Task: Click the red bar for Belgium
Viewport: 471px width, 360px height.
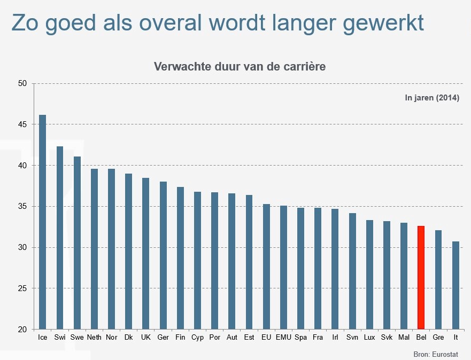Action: pyautogui.click(x=421, y=277)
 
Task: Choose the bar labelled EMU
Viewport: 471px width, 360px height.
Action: pyautogui.click(x=283, y=267)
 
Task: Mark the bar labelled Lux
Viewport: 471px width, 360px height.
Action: pyautogui.click(x=369, y=275)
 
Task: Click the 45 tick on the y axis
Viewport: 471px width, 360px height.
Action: pyautogui.click(x=22, y=124)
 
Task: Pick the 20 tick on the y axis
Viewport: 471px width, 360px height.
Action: pyautogui.click(x=22, y=330)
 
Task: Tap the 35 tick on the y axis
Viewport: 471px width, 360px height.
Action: pyautogui.click(x=22, y=207)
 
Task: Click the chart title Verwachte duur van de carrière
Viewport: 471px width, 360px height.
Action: pyautogui.click(x=240, y=67)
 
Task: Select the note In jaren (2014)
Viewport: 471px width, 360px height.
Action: pyautogui.click(x=432, y=98)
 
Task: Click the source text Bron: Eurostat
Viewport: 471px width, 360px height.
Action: pyautogui.click(x=436, y=354)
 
